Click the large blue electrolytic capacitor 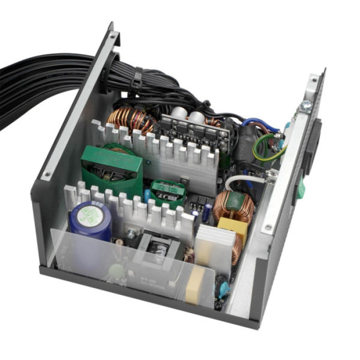[x=91, y=221]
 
